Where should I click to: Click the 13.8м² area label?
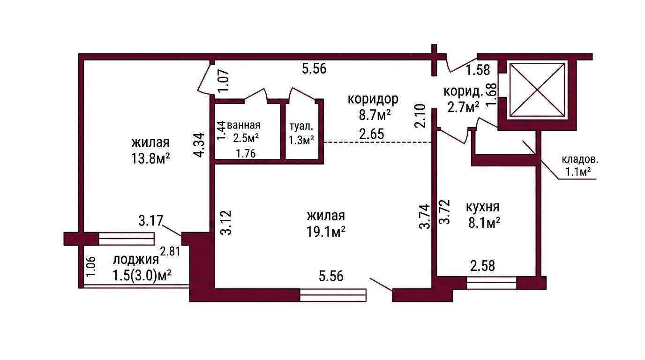click(150, 158)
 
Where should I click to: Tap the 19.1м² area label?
click(326, 232)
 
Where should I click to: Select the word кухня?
click(482, 207)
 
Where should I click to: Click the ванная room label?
click(244, 125)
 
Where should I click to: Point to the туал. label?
click(301, 127)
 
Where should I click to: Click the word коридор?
click(373, 99)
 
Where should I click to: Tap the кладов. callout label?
click(580, 160)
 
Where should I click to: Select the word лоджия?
click(135, 260)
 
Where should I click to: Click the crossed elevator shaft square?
click(537, 90)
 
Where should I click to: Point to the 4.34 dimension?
click(199, 145)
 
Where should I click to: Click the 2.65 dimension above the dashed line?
click(372, 134)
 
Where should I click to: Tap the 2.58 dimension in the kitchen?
click(483, 266)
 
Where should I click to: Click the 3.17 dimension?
click(151, 221)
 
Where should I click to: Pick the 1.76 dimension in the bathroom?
click(246, 154)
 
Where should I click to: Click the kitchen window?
click(492, 283)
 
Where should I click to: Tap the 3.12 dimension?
click(227, 223)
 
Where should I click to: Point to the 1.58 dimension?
click(478, 70)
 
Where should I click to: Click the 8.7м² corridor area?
click(375, 115)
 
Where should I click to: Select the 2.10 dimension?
click(420, 116)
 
